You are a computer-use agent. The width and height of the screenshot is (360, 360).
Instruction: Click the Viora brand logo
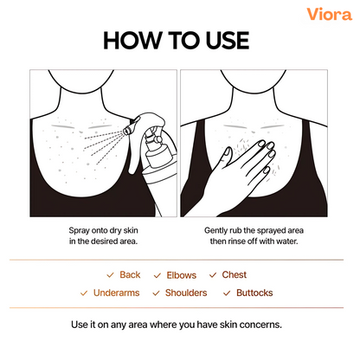[329, 14]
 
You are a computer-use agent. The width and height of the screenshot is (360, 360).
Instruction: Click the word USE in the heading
[228, 41]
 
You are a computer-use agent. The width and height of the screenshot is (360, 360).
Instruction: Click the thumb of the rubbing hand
[226, 155]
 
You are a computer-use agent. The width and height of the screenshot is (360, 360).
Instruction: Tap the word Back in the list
[130, 274]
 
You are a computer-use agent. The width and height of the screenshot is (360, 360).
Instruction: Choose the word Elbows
[182, 275]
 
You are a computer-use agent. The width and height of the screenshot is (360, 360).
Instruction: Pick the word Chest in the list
[235, 274]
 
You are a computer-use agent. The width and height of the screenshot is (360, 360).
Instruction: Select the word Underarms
[117, 292]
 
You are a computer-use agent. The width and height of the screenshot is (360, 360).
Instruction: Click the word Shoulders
[186, 292]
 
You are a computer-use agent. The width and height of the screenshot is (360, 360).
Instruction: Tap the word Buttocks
[254, 292]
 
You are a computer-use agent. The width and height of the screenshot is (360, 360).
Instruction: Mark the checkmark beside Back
[110, 275]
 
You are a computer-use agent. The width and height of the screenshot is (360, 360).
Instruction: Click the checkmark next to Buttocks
[227, 293]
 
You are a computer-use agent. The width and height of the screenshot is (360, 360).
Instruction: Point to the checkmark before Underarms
[84, 293]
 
